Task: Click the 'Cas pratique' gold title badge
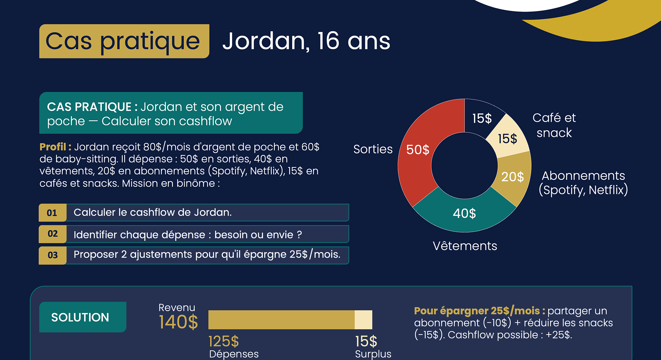coord(124,41)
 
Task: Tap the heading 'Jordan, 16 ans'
coord(306,41)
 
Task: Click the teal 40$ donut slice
coord(464,214)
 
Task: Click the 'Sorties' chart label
coord(373,149)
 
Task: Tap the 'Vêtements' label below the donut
coord(465,246)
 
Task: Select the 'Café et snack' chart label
coord(554,125)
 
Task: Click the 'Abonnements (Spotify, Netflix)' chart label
coord(584,183)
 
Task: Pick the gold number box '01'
coord(52,213)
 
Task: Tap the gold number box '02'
coord(52,234)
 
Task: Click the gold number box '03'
coord(52,255)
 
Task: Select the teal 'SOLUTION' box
coord(83,317)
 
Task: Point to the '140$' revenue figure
coord(178,322)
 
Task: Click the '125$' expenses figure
coord(224,341)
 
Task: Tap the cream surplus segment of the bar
coord(364,320)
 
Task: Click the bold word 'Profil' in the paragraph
coord(53,147)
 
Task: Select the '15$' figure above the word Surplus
coord(366,341)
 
